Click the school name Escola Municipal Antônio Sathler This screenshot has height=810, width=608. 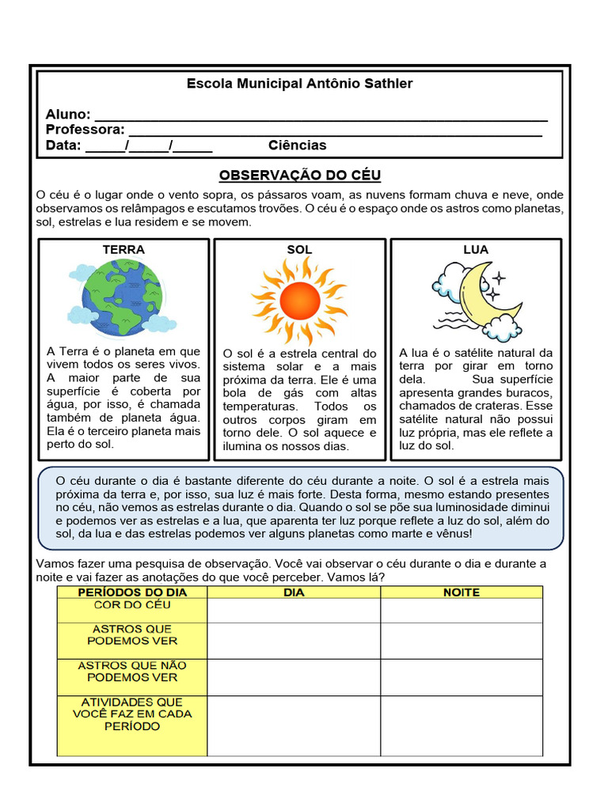[299, 84]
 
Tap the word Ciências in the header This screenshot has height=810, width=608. [297, 146]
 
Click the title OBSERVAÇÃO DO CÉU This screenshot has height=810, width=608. [300, 175]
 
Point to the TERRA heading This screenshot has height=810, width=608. [123, 250]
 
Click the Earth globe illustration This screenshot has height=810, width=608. [120, 297]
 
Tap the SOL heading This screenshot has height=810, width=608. [299, 250]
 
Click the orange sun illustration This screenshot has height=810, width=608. [299, 300]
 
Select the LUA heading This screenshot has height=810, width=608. [476, 250]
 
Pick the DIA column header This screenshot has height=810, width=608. [294, 592]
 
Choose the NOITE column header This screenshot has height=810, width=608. [462, 592]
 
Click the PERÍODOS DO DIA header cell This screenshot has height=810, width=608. [132, 592]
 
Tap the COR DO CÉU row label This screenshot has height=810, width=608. [132, 605]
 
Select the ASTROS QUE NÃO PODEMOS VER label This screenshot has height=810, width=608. [132, 672]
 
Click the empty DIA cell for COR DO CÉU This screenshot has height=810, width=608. [294, 611]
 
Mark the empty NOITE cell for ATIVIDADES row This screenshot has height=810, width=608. [462, 725]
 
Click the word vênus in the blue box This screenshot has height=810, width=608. [454, 534]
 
